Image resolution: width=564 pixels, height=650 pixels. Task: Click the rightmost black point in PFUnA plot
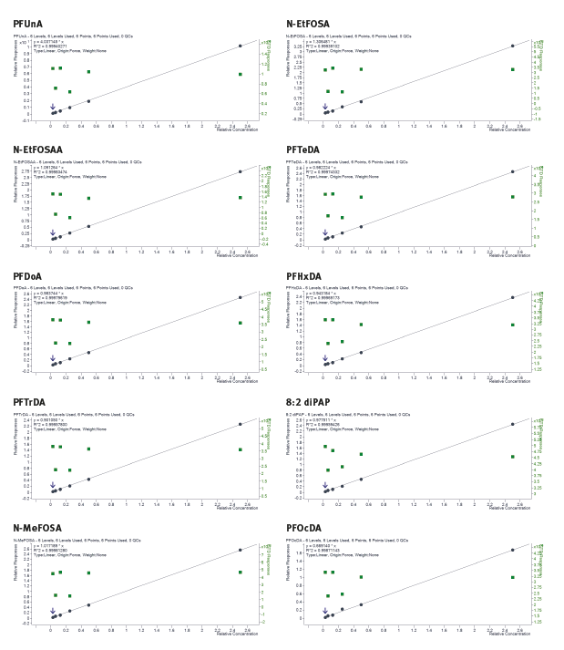click(240, 46)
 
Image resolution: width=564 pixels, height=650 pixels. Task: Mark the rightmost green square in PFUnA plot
click(240, 75)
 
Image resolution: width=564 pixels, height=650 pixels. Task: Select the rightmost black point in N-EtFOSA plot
click(512, 46)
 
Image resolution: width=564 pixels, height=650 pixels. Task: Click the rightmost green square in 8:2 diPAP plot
click(512, 457)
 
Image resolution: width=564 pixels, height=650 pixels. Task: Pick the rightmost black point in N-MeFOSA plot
click(240, 550)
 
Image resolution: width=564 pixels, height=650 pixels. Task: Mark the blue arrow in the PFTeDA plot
click(324, 233)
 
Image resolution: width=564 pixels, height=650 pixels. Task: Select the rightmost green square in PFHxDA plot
click(512, 325)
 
